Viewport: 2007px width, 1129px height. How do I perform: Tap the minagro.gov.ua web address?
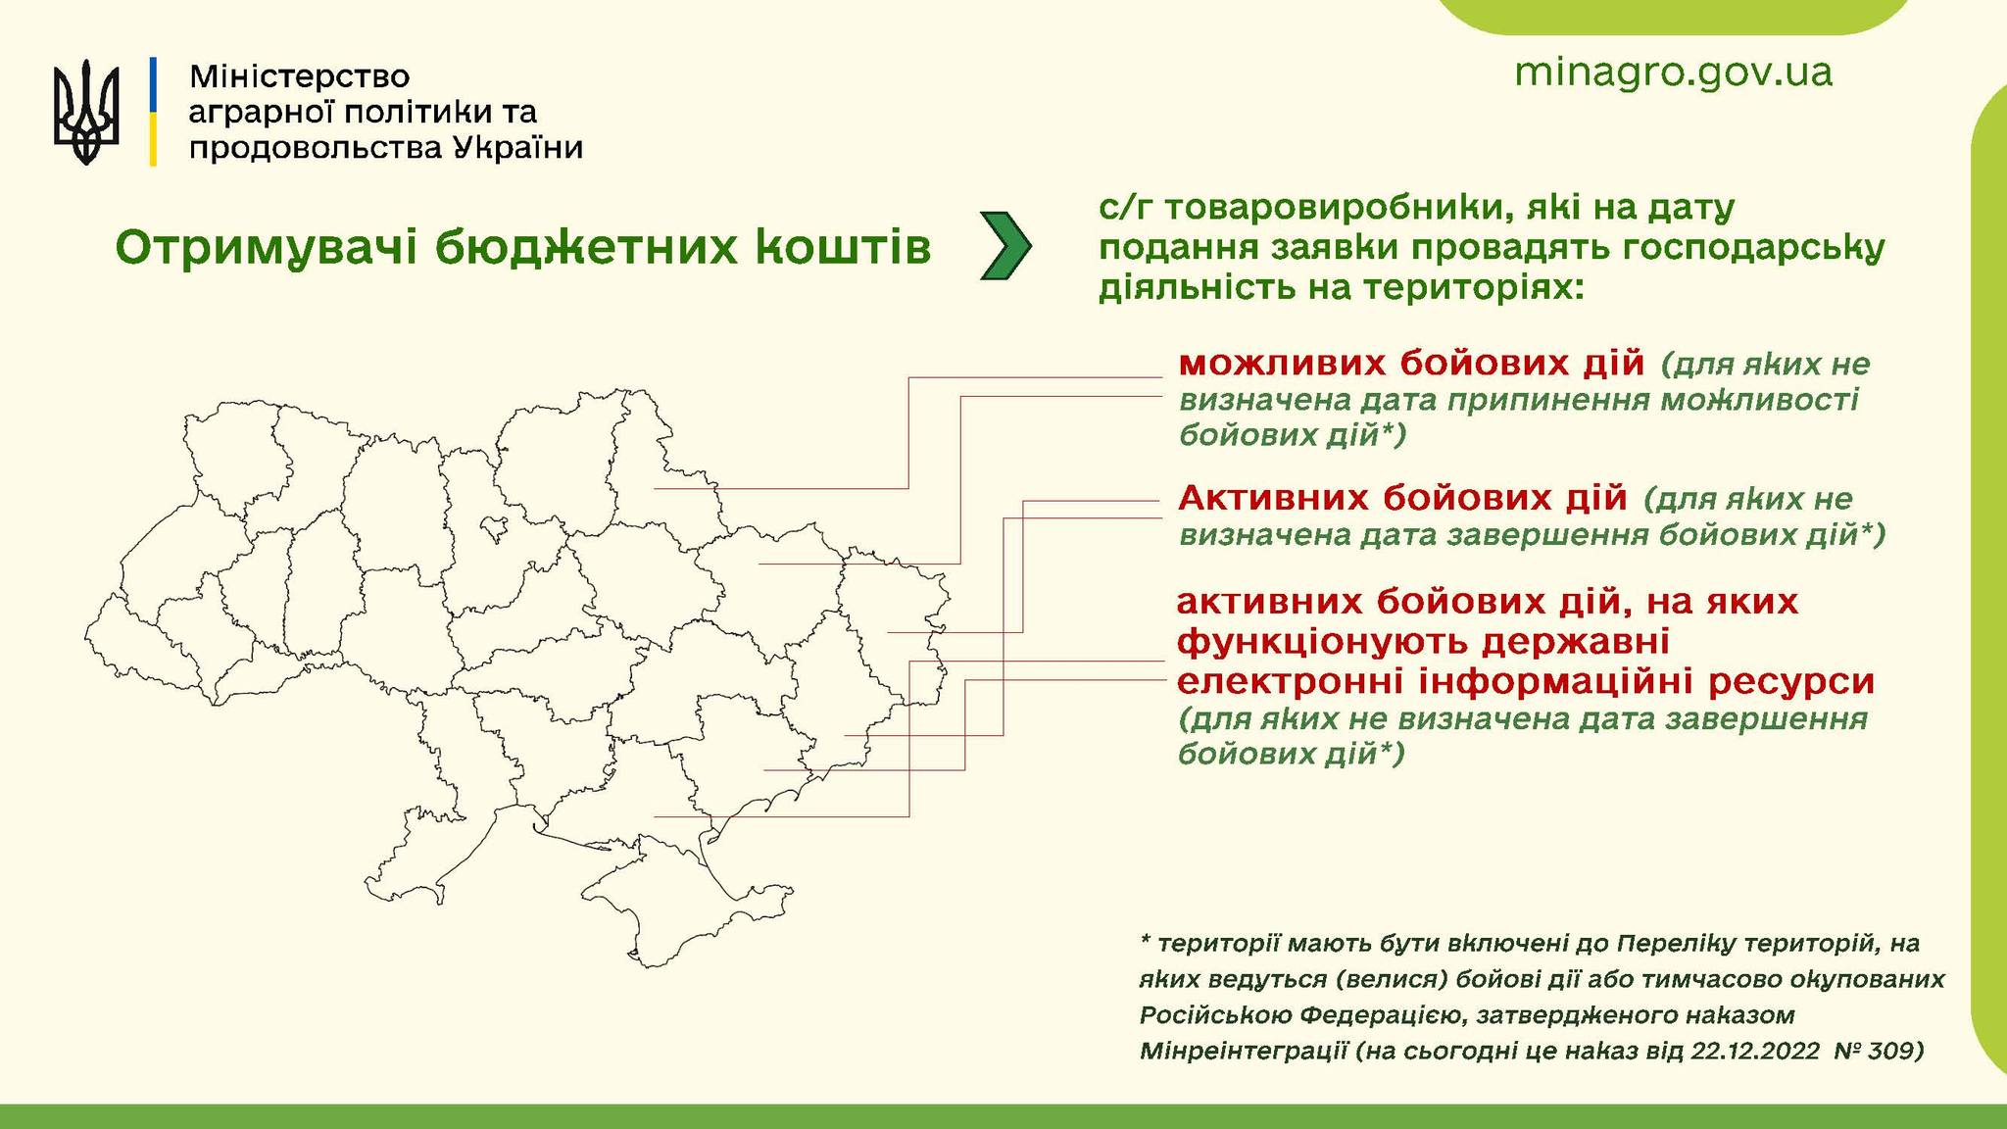click(x=1673, y=74)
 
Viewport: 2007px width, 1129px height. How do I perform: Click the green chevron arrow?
click(x=1005, y=246)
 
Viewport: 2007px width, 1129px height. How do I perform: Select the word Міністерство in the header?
click(x=299, y=76)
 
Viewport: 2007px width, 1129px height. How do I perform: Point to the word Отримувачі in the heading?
click(x=268, y=249)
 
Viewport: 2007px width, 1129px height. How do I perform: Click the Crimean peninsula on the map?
click(x=686, y=902)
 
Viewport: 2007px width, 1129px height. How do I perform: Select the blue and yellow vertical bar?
click(x=153, y=112)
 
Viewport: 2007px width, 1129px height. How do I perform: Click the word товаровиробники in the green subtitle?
click(x=1362, y=209)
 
